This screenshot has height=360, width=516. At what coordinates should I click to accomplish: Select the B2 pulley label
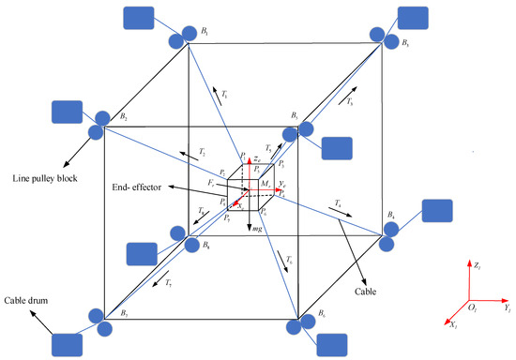point(123,116)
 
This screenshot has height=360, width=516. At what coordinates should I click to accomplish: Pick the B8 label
point(207,246)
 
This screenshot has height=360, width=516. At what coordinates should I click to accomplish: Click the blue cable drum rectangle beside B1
point(144,20)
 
